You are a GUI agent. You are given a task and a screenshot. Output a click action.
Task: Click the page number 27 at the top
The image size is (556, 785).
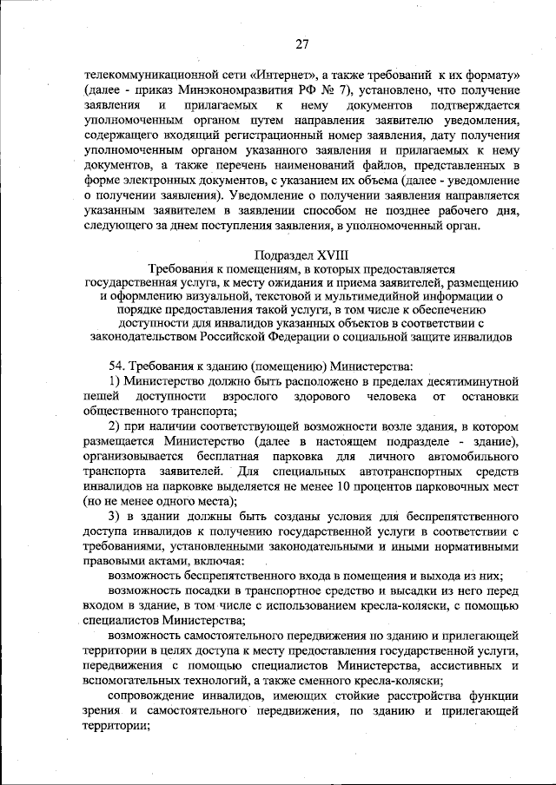point(301,43)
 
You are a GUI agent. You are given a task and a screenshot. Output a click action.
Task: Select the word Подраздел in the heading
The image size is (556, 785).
point(280,254)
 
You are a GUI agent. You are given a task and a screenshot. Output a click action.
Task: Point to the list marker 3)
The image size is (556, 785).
point(114,516)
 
